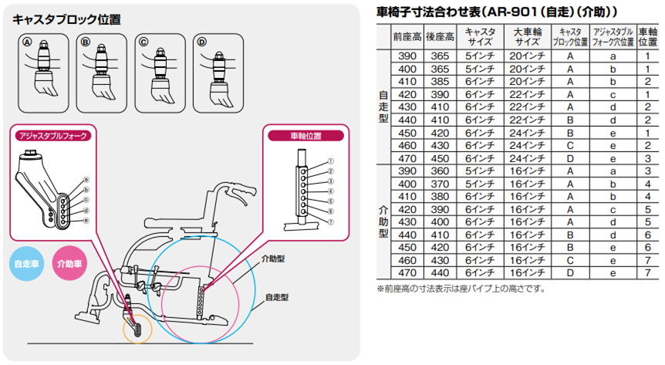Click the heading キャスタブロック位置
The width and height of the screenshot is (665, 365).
pyautogui.click(x=66, y=19)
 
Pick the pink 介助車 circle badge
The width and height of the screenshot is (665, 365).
pyautogui.click(x=70, y=263)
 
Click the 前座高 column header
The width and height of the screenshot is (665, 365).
pyautogui.click(x=406, y=36)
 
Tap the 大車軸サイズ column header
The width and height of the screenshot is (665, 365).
pyautogui.click(x=527, y=36)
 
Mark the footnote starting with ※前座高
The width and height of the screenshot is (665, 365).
pyautogui.click(x=461, y=289)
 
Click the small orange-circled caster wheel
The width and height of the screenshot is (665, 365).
pyautogui.click(x=138, y=328)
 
